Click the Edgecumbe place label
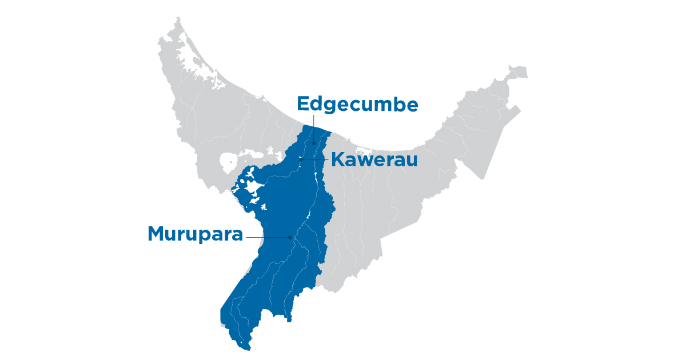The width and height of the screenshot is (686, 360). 358,105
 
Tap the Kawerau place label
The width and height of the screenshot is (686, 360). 374,160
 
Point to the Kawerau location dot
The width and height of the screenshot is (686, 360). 301,159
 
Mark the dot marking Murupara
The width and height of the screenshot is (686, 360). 290,237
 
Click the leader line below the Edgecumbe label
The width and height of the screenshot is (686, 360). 314,129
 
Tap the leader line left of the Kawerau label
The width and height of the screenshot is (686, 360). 315,159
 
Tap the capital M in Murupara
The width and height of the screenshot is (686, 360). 158,234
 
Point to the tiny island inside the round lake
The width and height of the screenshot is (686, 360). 228,162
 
